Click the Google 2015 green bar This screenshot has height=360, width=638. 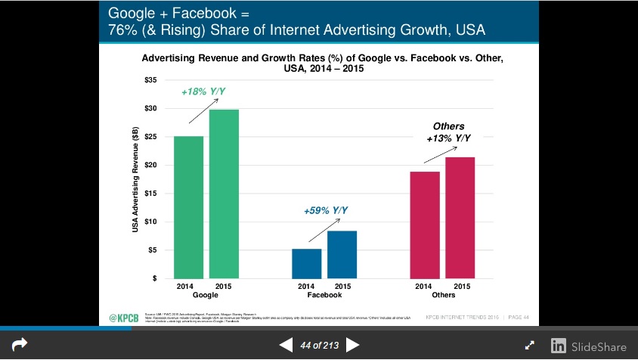click(224, 194)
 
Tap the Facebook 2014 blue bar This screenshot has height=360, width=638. click(306, 263)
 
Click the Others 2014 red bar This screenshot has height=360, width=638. click(424, 225)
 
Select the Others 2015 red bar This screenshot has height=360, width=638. click(460, 218)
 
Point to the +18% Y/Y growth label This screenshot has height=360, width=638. click(203, 92)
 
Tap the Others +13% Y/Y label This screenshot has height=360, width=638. click(448, 132)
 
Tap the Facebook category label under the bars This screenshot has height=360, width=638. click(324, 295)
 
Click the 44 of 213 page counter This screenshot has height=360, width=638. click(319, 346)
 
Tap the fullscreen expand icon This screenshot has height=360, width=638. click(531, 346)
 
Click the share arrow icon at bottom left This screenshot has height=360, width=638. click(20, 345)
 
